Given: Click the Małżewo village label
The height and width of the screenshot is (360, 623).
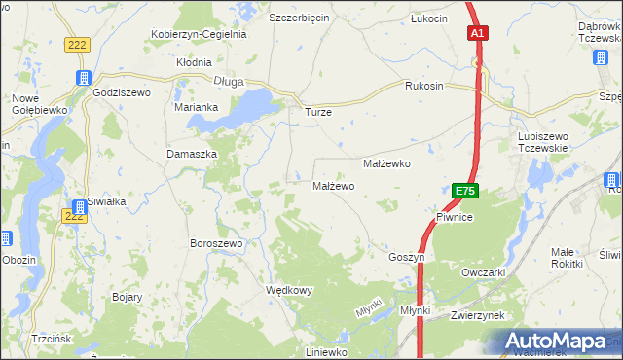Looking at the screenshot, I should click(x=333, y=186).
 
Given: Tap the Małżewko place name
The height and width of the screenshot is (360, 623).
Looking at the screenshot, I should click(x=386, y=164).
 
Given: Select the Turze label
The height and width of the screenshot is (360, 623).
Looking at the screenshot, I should click(x=318, y=112).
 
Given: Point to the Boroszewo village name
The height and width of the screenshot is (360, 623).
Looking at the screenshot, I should click(x=216, y=242).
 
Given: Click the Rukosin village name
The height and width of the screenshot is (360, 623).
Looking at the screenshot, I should click(x=424, y=86).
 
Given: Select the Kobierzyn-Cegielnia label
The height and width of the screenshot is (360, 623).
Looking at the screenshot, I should click(x=199, y=34).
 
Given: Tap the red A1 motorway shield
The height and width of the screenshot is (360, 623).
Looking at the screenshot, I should click(x=477, y=34).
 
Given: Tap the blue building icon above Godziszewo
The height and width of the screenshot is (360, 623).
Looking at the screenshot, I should click(x=84, y=77).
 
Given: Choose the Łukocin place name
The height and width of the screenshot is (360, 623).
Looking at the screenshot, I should click(x=429, y=18).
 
